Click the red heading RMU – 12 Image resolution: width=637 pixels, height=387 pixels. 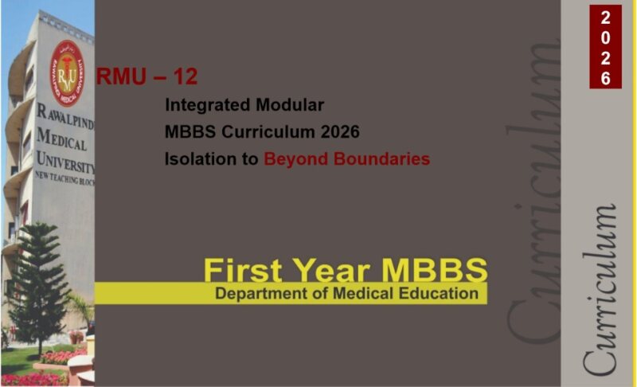click(147, 77)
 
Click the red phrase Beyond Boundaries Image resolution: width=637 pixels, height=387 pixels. click(346, 158)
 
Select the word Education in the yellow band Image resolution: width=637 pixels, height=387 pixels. click(441, 294)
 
